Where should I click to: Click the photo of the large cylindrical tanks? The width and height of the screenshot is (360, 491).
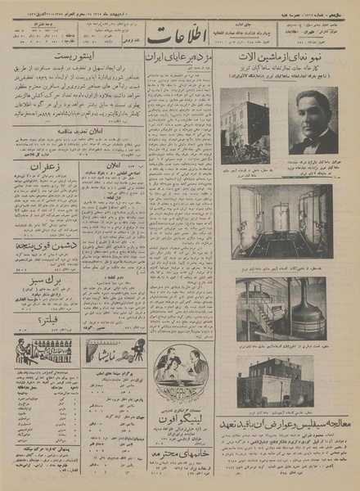tap(281, 221)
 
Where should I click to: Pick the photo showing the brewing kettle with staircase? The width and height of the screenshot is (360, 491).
tap(281, 309)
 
